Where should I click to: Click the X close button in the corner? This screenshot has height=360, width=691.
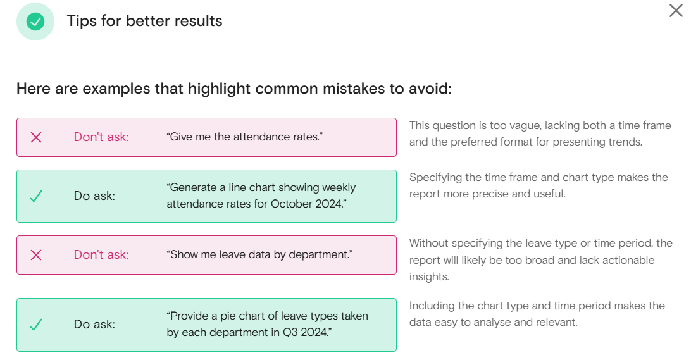pyautogui.click(x=676, y=11)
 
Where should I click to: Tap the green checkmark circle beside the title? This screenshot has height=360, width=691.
pyautogui.click(x=35, y=21)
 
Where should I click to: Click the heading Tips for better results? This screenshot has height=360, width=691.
pyautogui.click(x=144, y=21)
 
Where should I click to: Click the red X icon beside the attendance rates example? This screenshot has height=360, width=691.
pyautogui.click(x=36, y=137)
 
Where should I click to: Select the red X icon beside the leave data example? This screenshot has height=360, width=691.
pyautogui.click(x=36, y=255)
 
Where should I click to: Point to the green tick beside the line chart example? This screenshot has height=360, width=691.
pyautogui.click(x=36, y=196)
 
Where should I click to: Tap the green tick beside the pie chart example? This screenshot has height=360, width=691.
pyautogui.click(x=36, y=325)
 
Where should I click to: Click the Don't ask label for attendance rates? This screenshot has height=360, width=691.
pyautogui.click(x=101, y=137)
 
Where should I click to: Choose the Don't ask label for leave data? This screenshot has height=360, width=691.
pyautogui.click(x=101, y=255)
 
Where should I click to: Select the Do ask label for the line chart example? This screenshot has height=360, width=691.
pyautogui.click(x=94, y=196)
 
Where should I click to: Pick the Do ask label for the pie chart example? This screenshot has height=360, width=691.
pyautogui.click(x=94, y=325)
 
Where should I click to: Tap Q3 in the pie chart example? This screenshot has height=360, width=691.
pyautogui.click(x=290, y=332)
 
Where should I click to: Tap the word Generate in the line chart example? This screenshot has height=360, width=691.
pyautogui.click(x=192, y=188)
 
